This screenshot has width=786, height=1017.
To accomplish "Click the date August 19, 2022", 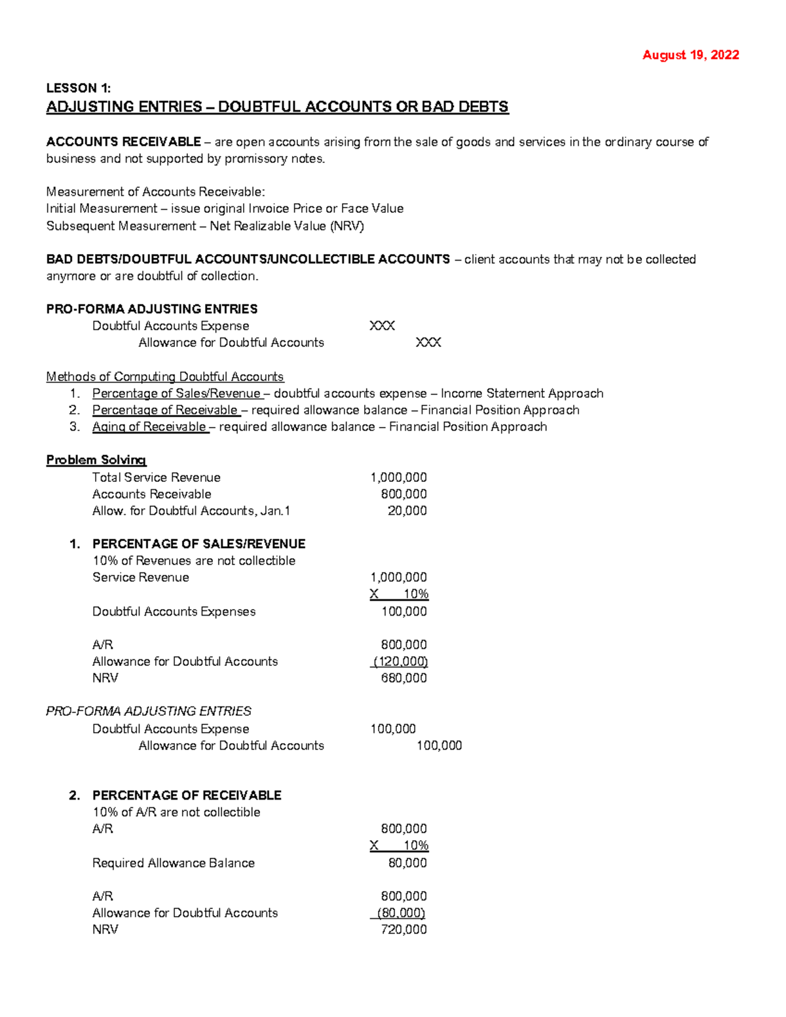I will pos(690,55).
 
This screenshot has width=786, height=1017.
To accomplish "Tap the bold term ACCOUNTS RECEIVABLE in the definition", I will pos(123,142).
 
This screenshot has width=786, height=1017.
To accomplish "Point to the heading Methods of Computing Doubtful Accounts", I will pos(164,377).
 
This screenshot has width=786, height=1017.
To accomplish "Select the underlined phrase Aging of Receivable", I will pos(149,427).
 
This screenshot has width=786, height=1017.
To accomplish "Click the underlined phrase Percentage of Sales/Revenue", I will pos(176,394).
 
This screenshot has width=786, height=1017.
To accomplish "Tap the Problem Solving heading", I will pos(96,460).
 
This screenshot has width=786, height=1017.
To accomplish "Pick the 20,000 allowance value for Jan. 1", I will pos(407,511).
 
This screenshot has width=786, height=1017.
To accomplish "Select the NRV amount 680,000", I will pos(403,678).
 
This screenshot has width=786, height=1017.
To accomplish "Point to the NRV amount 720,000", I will pos(403,929).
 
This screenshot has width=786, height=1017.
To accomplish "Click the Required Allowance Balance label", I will pos(173,863).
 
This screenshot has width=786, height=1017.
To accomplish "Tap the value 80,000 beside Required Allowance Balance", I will pos(407,863).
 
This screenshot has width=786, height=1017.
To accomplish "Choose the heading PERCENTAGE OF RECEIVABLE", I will pos(187,795).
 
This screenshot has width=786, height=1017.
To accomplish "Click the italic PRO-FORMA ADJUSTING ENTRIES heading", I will pos(149,711).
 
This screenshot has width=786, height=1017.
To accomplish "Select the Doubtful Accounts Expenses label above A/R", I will pos(174,612).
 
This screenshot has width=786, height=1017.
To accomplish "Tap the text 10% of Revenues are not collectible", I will pos(194,561).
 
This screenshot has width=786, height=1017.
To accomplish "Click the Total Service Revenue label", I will pos(156,477).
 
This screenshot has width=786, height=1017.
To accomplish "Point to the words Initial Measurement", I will pos(102,209).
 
